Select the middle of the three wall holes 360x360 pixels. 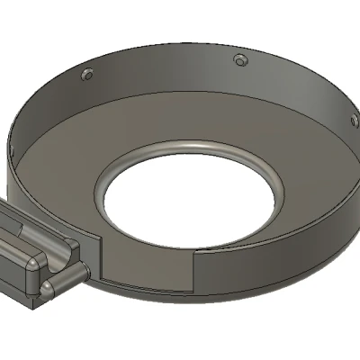(x=239, y=59)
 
